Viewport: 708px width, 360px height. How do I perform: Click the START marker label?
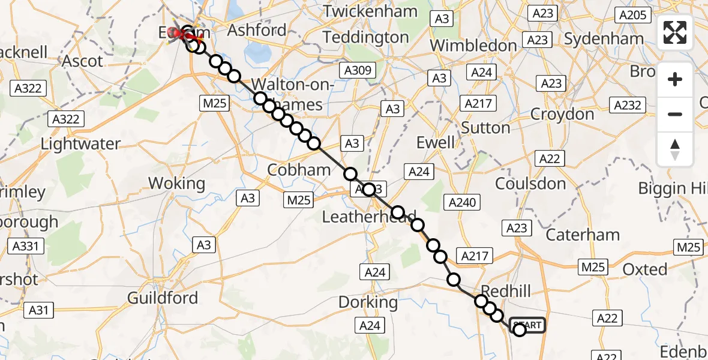click(x=528, y=325)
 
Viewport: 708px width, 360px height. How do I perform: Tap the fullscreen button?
click(x=675, y=32)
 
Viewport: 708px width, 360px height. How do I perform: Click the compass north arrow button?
click(x=675, y=149)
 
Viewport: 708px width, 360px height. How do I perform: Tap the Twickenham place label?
click(x=370, y=11)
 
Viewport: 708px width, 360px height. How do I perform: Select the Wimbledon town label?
click(x=473, y=46)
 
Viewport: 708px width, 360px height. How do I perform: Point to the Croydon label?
click(x=562, y=114)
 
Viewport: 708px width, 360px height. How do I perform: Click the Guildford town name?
click(x=163, y=298)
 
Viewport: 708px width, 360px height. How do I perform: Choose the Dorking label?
click(x=368, y=302)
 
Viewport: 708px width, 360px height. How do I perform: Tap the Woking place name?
click(x=176, y=183)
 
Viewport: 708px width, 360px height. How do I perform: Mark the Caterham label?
click(x=583, y=235)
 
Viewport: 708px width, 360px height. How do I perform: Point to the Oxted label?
click(x=644, y=269)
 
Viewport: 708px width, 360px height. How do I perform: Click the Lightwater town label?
click(x=80, y=144)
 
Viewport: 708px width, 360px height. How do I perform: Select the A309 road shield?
click(x=359, y=71)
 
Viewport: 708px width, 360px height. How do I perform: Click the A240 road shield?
click(x=461, y=202)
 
